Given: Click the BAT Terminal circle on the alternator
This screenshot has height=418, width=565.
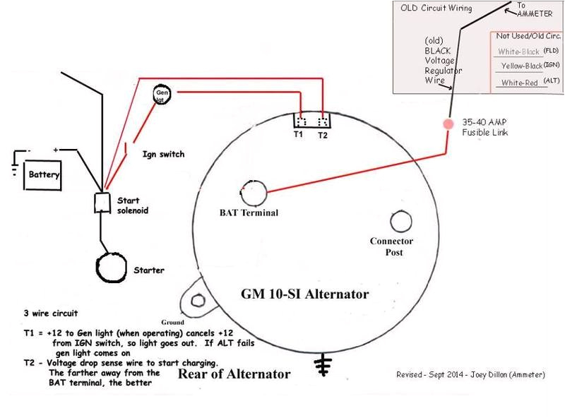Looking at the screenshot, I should [252, 191].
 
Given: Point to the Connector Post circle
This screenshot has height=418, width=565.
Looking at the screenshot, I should [400, 222].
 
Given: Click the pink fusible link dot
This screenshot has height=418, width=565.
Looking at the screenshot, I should [448, 124].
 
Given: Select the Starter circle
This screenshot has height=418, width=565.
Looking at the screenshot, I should [112, 268].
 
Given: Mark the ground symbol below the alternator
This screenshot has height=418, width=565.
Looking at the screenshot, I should [324, 363].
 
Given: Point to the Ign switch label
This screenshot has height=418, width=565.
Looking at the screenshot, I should [164, 153].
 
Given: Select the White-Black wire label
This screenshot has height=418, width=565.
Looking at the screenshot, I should [520, 52].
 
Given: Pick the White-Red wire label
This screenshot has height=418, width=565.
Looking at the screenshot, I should [519, 83].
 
